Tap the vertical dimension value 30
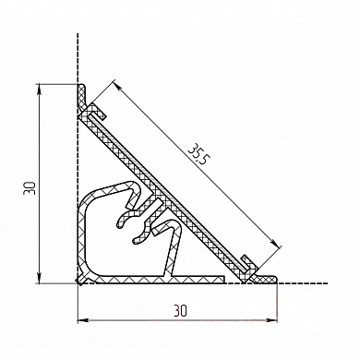30,187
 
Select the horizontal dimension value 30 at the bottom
180,311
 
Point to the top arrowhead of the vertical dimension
40,90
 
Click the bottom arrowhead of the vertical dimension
40,278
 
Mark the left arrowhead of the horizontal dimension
83,320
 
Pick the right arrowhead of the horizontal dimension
271,320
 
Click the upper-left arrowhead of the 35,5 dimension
118,86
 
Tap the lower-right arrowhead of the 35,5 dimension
276,243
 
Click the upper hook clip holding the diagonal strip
95,112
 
